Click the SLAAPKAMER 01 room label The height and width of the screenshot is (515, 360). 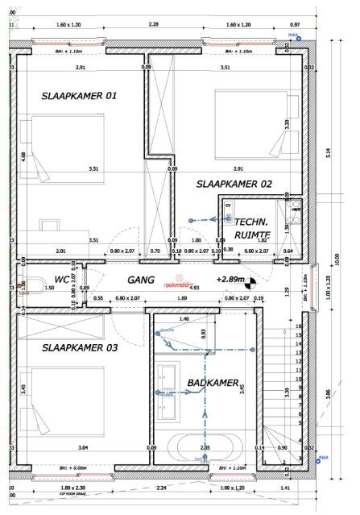[79, 96]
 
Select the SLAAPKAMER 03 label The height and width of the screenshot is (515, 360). [80, 347]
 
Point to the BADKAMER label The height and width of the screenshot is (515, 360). [211, 383]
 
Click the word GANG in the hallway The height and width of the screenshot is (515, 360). [142, 280]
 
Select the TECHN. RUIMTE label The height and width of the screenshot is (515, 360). [252, 228]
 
